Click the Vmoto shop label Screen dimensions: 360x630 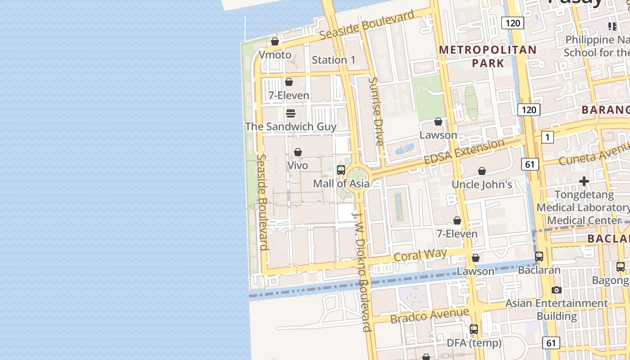click(x=275, y=55)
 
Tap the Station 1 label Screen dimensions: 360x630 click(x=333, y=60)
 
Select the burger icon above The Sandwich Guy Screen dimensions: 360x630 click(x=291, y=113)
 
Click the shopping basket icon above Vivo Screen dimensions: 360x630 click(x=298, y=152)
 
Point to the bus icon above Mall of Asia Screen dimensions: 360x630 click(x=341, y=170)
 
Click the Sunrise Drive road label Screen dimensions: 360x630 click(x=376, y=111)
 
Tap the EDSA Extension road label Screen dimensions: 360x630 click(x=464, y=152)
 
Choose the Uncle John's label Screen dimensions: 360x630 click(x=482, y=184)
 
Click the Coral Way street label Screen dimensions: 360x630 click(x=420, y=255)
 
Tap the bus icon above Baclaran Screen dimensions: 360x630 click(x=539, y=256)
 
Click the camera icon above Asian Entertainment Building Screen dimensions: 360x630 click(x=557, y=290)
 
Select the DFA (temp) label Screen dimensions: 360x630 click(x=474, y=343)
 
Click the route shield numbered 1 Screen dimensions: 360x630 click(x=547, y=137)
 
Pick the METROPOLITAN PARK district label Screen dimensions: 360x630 click(x=488, y=56)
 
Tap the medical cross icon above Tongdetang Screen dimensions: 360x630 click(x=584, y=181)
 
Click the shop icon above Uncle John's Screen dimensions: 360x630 click(x=482, y=171)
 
